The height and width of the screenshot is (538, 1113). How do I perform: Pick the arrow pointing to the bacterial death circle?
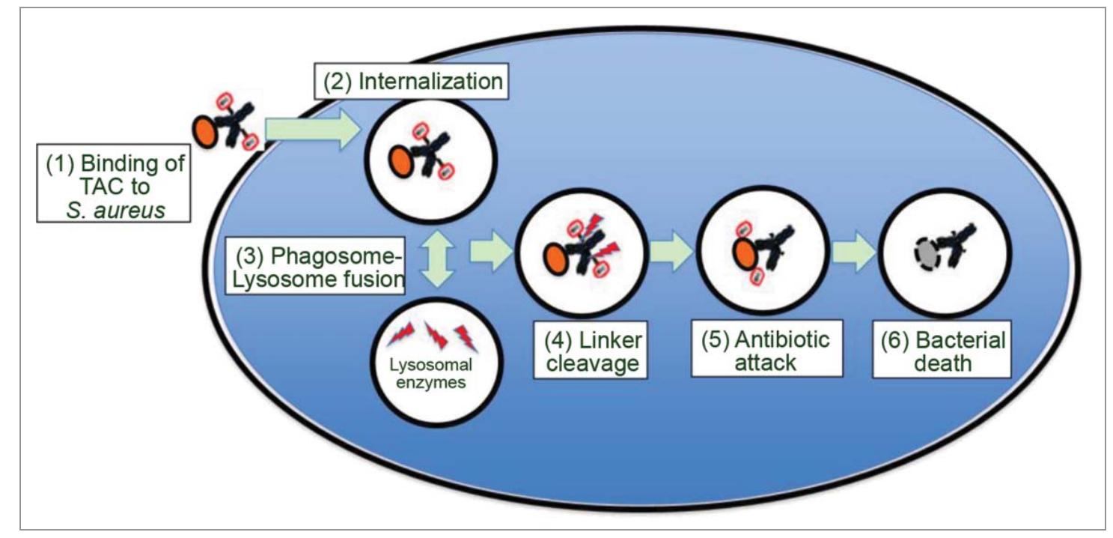[853, 256]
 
